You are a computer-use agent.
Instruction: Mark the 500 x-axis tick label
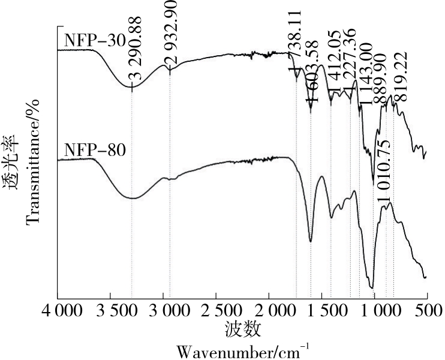426,311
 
